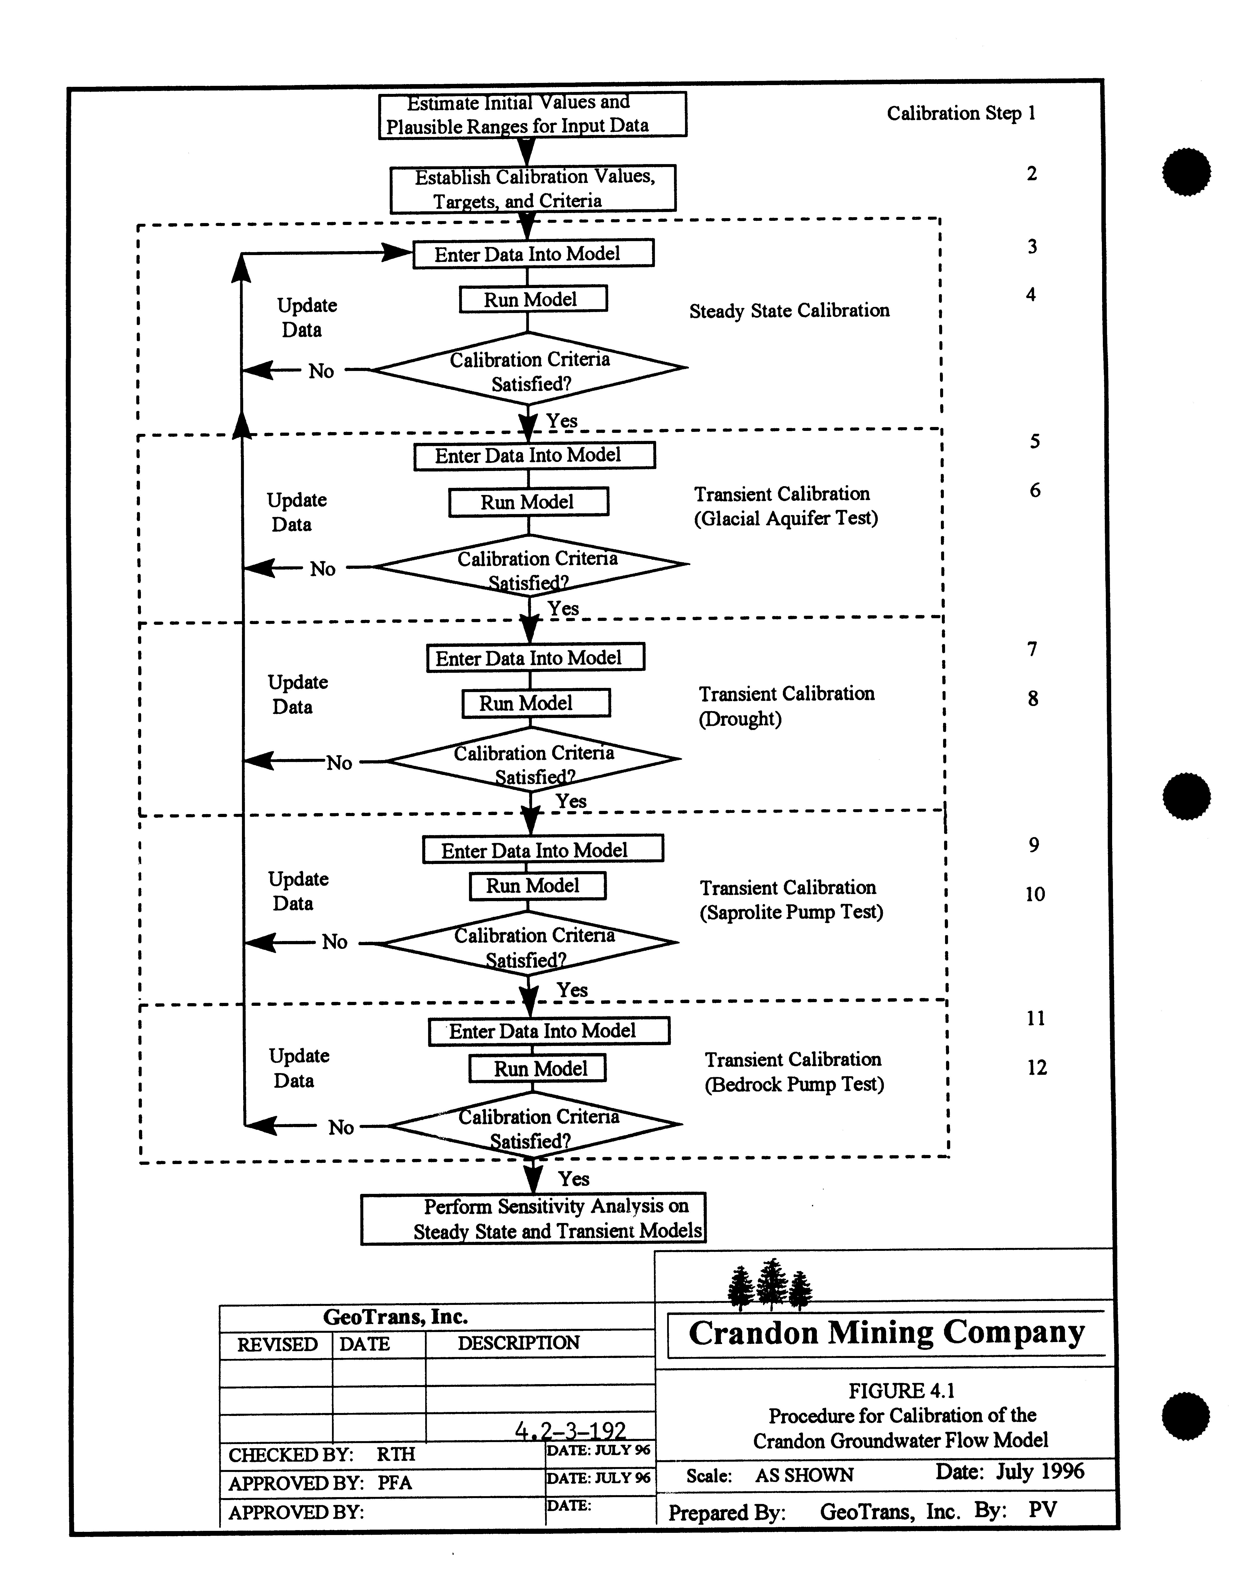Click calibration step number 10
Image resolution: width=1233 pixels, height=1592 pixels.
pyautogui.click(x=1035, y=894)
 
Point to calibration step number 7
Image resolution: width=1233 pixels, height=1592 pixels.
pyautogui.click(x=1032, y=649)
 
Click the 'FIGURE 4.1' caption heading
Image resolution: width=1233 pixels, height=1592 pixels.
pyautogui.click(x=901, y=1391)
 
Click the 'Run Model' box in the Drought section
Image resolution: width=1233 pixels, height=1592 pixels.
pyautogui.click(x=536, y=703)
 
